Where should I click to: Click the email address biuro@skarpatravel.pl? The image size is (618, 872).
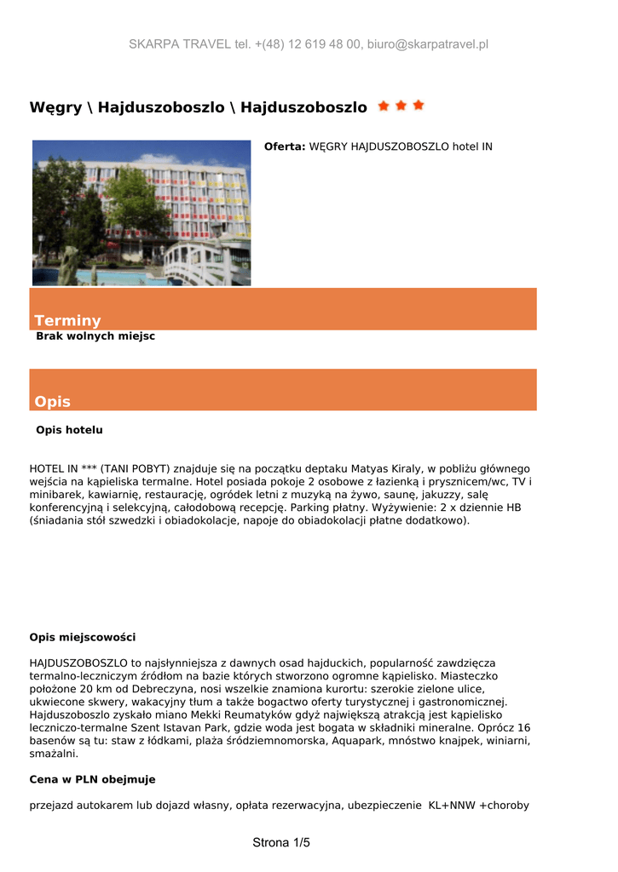pyautogui.click(x=428, y=44)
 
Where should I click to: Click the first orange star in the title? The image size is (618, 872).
pyautogui.click(x=383, y=106)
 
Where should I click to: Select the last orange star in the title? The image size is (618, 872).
pyautogui.click(x=419, y=106)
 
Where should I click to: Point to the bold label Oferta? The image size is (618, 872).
pyautogui.click(x=285, y=146)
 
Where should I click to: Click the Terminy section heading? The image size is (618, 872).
pyautogui.click(x=67, y=320)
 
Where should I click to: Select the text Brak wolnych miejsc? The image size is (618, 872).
pyautogui.click(x=95, y=336)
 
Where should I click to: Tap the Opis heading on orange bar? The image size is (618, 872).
pyautogui.click(x=52, y=401)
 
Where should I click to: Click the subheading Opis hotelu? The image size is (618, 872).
pyautogui.click(x=69, y=430)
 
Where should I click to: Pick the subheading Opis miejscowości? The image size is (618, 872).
pyautogui.click(x=82, y=637)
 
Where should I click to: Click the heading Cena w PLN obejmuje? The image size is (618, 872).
pyautogui.click(x=92, y=779)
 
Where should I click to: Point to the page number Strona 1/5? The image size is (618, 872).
pyautogui.click(x=281, y=843)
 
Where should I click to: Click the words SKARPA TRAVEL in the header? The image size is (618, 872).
pyautogui.click(x=180, y=44)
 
